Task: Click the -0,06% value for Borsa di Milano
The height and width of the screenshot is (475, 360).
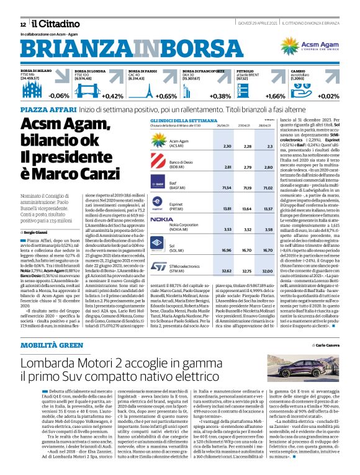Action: tap(59, 96)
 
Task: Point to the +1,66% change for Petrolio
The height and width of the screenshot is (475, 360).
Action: tap(276, 96)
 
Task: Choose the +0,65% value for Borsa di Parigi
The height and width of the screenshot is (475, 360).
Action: tap(166, 96)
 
